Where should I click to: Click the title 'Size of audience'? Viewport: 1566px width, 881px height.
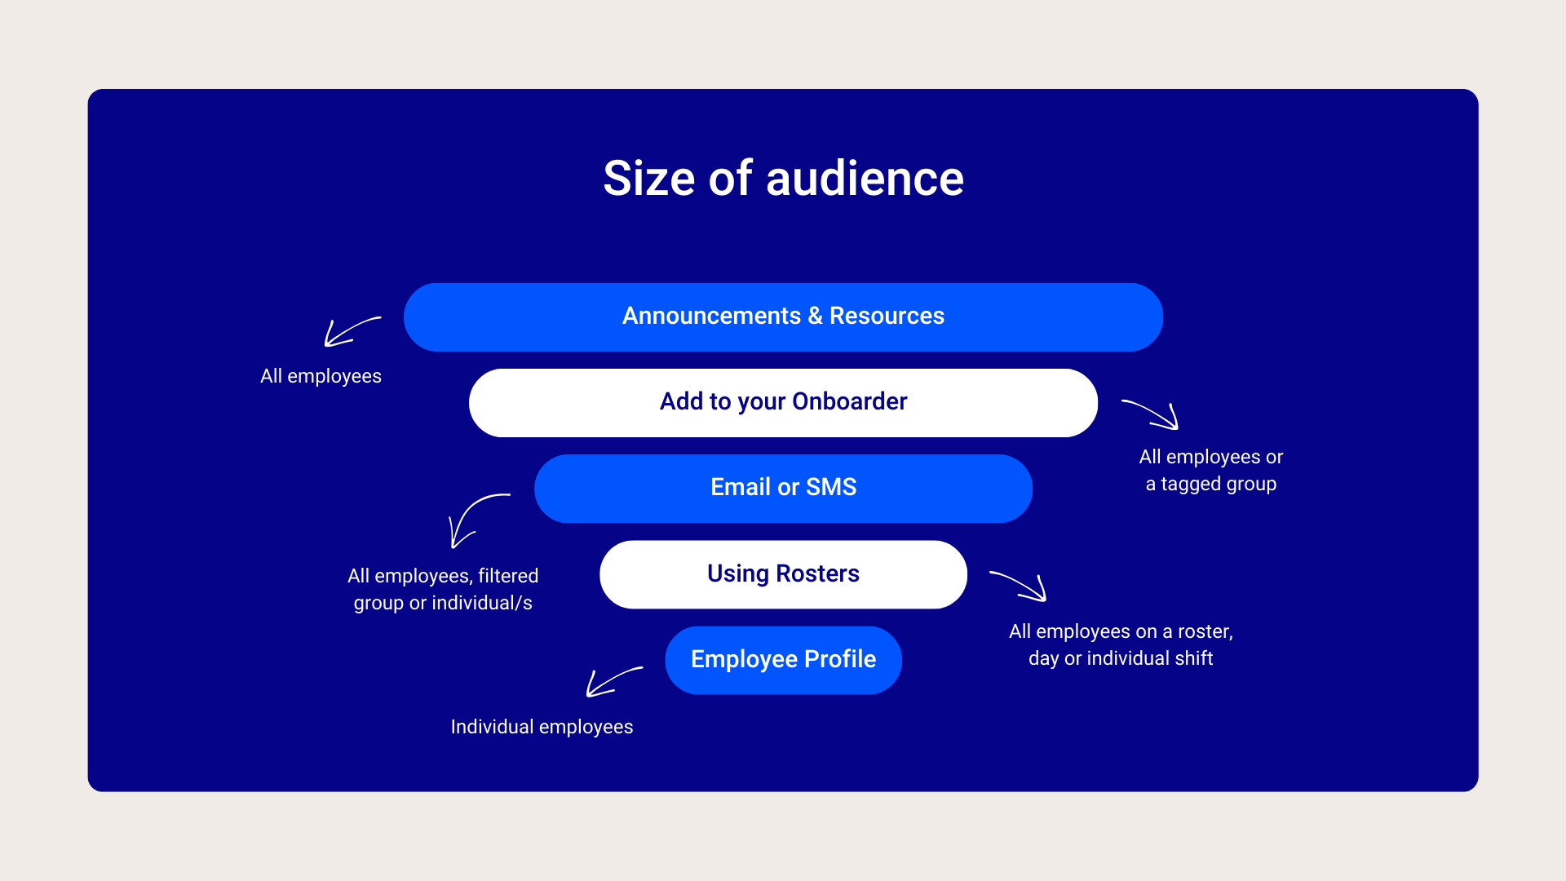click(783, 178)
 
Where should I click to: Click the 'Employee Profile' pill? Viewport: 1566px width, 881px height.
click(783, 660)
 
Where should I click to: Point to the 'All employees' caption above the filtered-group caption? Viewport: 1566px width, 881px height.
click(321, 376)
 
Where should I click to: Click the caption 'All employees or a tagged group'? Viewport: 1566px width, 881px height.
click(1211, 470)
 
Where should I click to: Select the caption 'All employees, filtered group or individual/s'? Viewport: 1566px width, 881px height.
click(443, 589)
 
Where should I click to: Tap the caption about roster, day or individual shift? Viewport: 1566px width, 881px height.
click(1121, 644)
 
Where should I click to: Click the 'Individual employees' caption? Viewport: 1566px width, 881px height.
click(542, 727)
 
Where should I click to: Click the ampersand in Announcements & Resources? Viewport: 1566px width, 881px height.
click(815, 317)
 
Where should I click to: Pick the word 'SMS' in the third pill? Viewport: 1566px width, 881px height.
click(831, 487)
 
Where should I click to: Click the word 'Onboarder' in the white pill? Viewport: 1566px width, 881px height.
click(849, 401)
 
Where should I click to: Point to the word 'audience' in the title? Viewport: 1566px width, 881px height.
click(865, 178)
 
